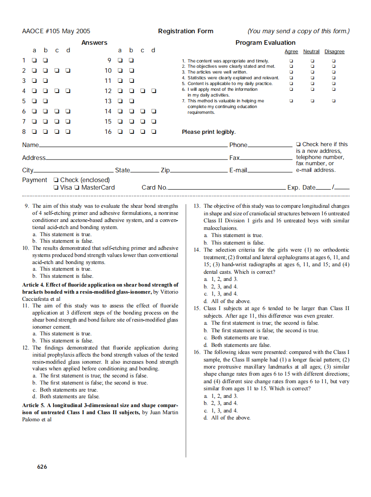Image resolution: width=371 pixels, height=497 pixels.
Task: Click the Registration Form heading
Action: coord(185,31)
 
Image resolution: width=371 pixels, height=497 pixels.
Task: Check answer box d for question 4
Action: coord(68,91)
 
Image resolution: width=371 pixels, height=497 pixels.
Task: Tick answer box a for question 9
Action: coord(120,60)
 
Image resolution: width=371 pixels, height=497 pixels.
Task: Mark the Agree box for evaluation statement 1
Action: coord(291,61)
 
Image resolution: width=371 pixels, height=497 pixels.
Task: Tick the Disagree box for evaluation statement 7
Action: coord(334,101)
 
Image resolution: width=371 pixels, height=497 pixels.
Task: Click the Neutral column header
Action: coord(311,52)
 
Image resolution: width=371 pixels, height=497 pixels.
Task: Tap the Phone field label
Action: coord(238,145)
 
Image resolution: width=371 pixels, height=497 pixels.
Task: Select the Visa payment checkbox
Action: coord(56,187)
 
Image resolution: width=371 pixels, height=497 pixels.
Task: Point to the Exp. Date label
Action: coord(301,187)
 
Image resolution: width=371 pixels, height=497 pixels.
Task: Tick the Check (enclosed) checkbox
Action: coord(56,180)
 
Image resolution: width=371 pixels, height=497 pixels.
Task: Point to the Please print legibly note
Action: coord(209,132)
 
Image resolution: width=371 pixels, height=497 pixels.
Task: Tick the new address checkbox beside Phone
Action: coord(298,144)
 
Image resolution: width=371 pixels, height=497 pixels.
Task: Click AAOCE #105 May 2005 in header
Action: coord(56,31)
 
